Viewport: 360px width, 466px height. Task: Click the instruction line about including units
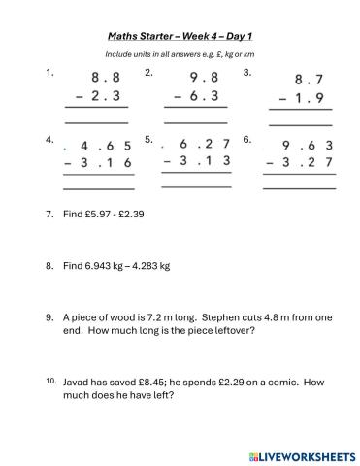coord(180,54)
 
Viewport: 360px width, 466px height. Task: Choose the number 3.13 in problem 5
coord(203,161)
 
